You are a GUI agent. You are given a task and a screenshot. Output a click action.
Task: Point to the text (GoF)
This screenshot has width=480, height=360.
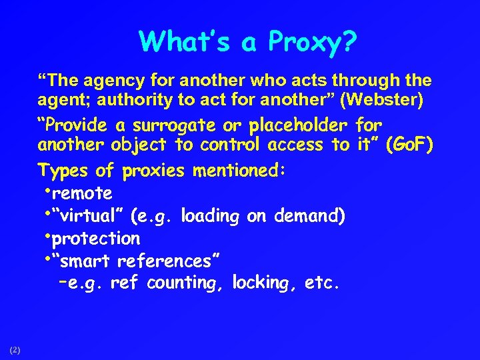409,145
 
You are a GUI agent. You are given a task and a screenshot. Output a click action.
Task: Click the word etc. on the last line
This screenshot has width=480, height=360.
322,283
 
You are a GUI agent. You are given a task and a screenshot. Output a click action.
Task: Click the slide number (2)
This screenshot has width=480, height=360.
15,349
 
